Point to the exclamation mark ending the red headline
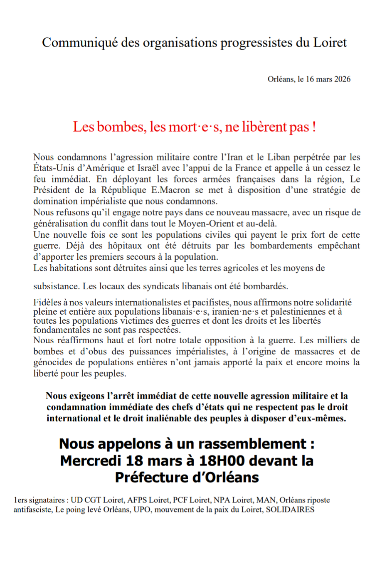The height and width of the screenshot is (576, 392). coord(314,127)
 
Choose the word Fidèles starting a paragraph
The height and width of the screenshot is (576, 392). coord(47,302)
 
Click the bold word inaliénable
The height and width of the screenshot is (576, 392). coord(167,418)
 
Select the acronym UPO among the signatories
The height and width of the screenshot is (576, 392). coord(142,510)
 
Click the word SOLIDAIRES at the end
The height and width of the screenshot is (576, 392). coord(290,510)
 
